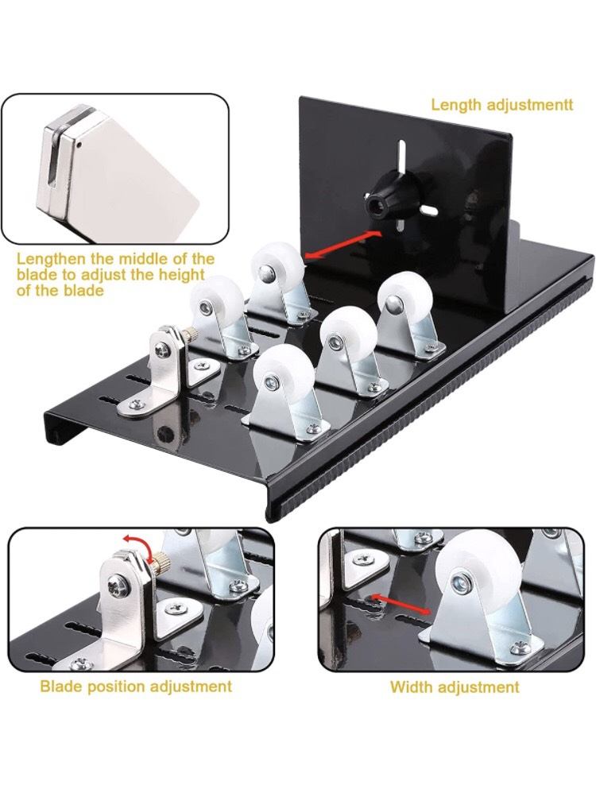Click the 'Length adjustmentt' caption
pyautogui.click(x=502, y=105)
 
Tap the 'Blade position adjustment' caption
pyautogui.click(x=136, y=687)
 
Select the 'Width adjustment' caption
pyautogui.click(x=455, y=687)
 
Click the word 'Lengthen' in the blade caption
pyautogui.click(x=51, y=260)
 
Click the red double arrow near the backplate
pyautogui.click(x=343, y=245)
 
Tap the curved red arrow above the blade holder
pyautogui.click(x=140, y=545)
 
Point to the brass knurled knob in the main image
pyautogui.click(x=190, y=334)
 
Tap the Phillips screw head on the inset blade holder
pyautogui.click(x=118, y=585)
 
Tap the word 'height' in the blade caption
pyautogui.click(x=180, y=275)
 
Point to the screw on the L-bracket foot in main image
pyautogui.click(x=135, y=404)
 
